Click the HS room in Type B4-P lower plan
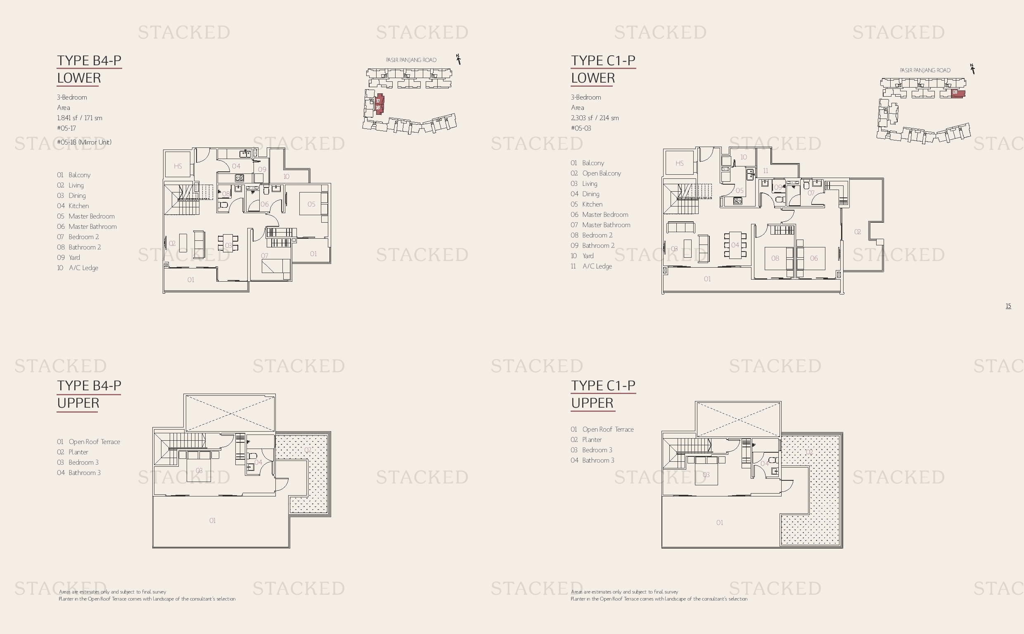click(x=178, y=166)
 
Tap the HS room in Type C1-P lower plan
click(x=680, y=163)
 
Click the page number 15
click(x=1008, y=306)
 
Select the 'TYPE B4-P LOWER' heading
click(x=89, y=69)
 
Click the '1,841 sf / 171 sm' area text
click(x=80, y=118)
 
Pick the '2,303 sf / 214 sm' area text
click(x=595, y=118)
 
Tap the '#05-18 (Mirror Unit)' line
click(x=84, y=142)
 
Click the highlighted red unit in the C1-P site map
click(x=958, y=94)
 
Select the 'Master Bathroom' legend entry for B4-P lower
click(x=87, y=226)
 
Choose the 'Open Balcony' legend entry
click(x=596, y=173)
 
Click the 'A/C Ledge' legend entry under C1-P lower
click(x=591, y=266)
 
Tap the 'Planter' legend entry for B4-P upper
click(x=73, y=452)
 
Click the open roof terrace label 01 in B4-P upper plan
click(x=213, y=520)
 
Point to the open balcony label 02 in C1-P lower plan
click(x=858, y=231)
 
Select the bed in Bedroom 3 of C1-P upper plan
click(x=707, y=471)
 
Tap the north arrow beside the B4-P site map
click(x=459, y=59)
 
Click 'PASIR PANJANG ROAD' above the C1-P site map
click(x=925, y=71)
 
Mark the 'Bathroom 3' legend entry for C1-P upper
click(x=592, y=461)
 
